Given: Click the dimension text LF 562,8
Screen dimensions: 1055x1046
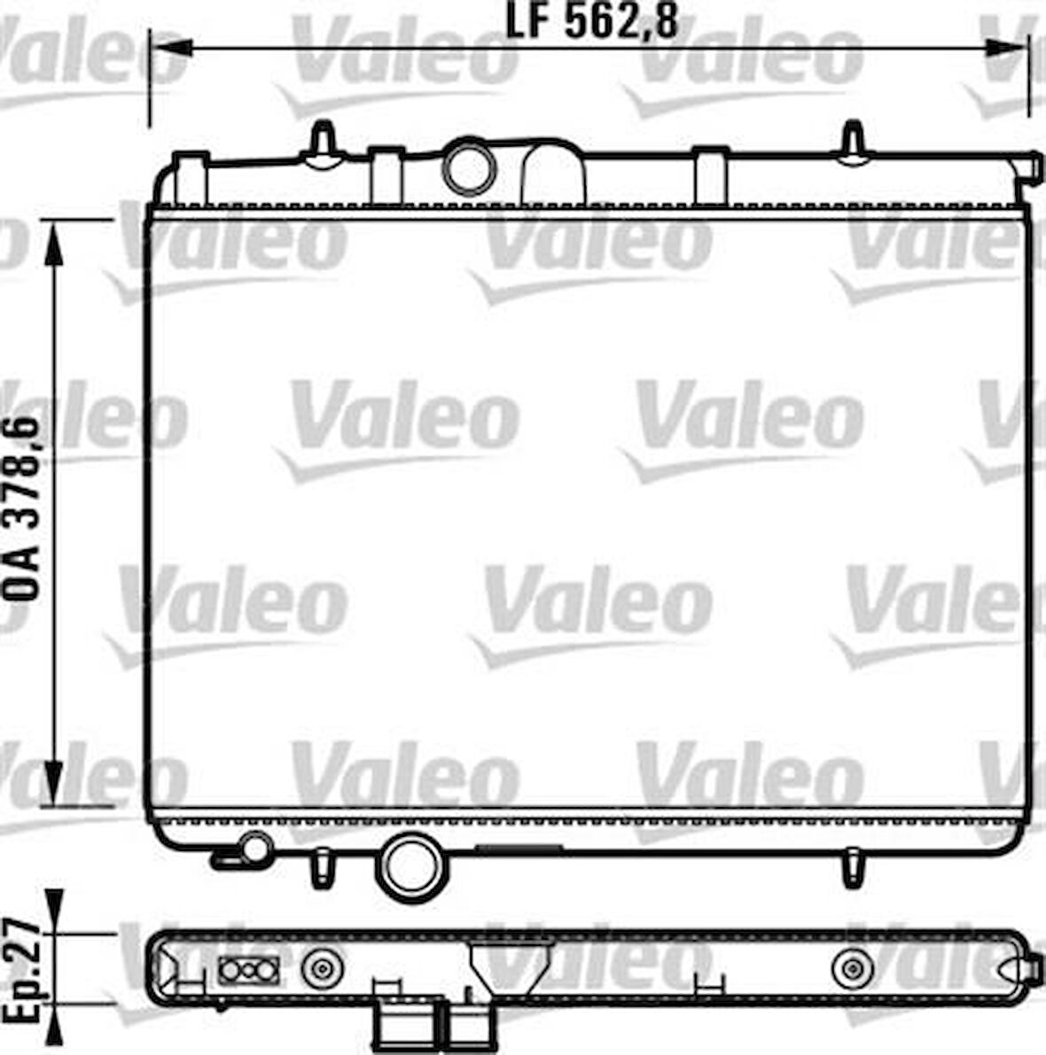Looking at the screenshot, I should pyautogui.click(x=591, y=22).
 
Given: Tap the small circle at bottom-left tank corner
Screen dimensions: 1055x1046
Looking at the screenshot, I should pyautogui.click(x=256, y=848).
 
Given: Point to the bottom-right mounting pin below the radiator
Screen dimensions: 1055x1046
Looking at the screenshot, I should pyautogui.click(x=853, y=867).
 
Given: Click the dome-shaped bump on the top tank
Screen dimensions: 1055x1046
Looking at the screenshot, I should pyautogui.click(x=554, y=173).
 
